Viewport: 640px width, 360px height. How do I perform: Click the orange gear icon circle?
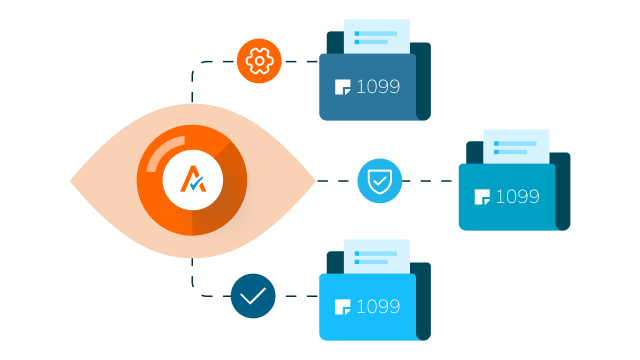(259, 61)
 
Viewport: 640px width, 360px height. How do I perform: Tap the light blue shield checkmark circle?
(380, 181)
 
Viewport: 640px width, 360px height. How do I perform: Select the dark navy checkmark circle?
(253, 296)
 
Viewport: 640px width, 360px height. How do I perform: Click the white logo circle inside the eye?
(193, 180)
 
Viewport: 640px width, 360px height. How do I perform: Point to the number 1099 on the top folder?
(378, 87)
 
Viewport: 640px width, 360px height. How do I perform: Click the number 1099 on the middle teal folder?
(518, 197)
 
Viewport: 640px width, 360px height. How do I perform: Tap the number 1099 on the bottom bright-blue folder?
(378, 307)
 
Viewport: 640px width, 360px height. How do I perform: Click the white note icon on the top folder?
(342, 87)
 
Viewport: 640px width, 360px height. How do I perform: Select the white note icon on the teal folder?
(482, 197)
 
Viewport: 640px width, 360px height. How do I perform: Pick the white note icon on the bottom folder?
(342, 307)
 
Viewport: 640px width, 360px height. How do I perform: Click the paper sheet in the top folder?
(377, 37)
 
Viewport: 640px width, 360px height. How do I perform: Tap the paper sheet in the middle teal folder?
(516, 147)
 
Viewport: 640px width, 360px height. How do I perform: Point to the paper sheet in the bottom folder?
(377, 257)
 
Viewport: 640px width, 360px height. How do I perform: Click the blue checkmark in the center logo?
(197, 183)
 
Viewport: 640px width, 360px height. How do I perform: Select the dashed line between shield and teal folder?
(428, 181)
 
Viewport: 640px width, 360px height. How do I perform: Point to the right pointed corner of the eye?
(316, 180)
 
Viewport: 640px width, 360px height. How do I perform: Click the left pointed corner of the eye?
(70, 180)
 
